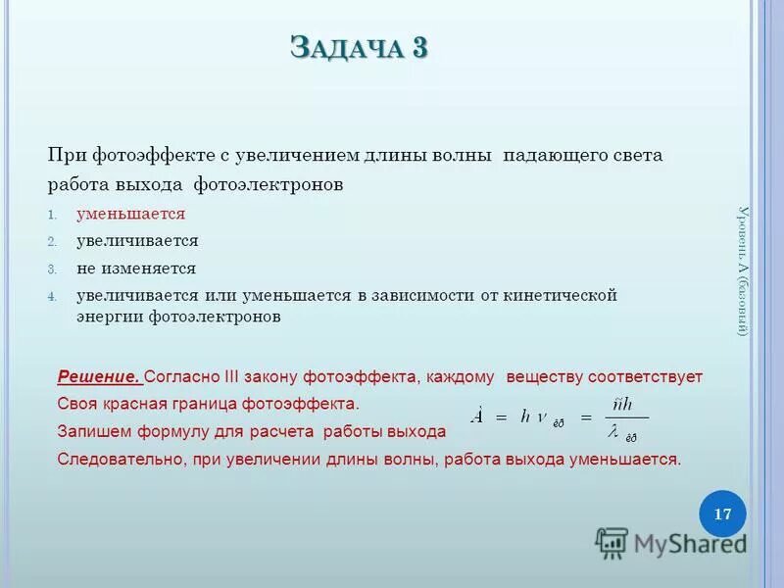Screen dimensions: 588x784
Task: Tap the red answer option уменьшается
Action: [131, 214]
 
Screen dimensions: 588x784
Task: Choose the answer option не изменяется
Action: [136, 269]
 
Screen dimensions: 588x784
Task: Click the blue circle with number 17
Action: [722, 514]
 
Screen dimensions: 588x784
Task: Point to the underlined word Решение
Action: [99, 376]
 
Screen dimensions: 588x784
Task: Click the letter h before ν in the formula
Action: [526, 416]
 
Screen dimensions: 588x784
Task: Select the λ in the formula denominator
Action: [612, 431]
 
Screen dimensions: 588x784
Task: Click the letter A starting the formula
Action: [477, 416]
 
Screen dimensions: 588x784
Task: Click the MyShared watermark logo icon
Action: [612, 543]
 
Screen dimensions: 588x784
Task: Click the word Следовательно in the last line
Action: [110, 459]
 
